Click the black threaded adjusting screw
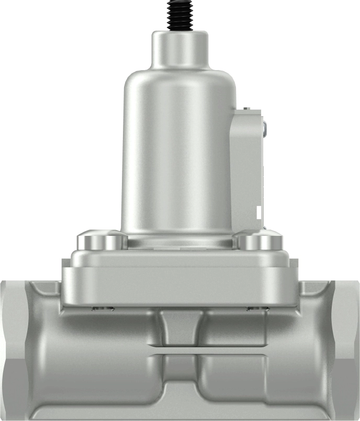coord(179,14)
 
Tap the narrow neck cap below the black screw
coord(179,50)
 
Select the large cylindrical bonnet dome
coord(177,152)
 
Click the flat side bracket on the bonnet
coord(246,167)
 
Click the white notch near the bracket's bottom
coord(258,212)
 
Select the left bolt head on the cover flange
coord(103,241)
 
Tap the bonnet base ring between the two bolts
coord(179,242)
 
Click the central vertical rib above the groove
coord(179,327)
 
